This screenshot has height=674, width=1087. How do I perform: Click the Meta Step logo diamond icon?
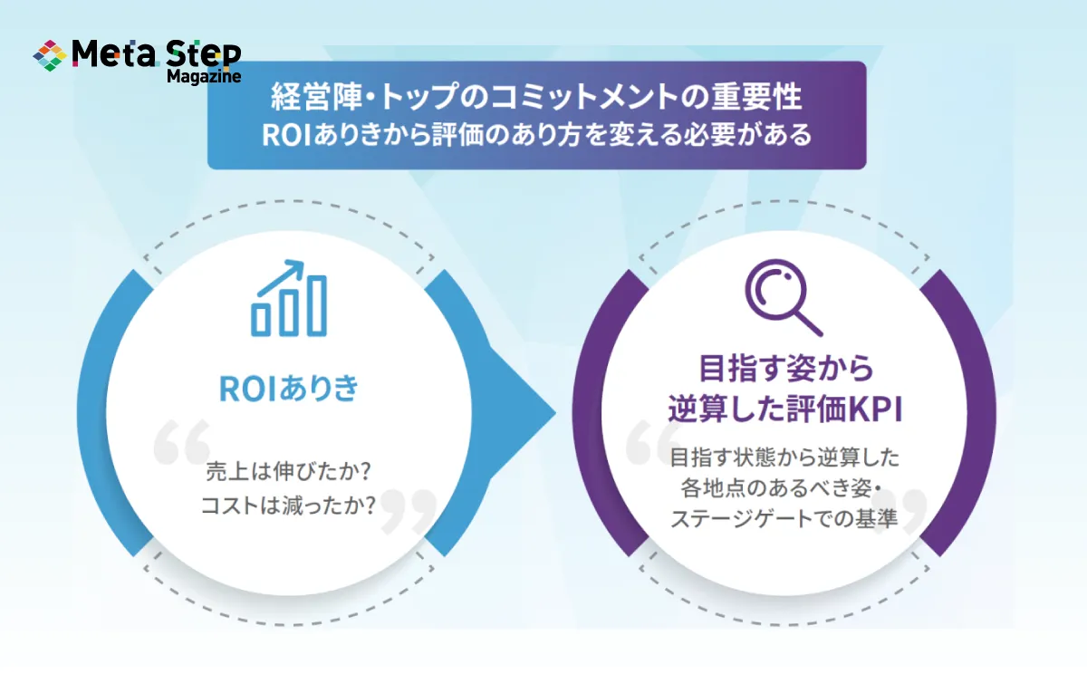point(50,55)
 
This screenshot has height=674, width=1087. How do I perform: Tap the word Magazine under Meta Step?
point(204,77)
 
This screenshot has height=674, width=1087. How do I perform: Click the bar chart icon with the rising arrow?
point(289,297)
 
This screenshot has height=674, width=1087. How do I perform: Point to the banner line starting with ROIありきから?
point(536,135)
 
